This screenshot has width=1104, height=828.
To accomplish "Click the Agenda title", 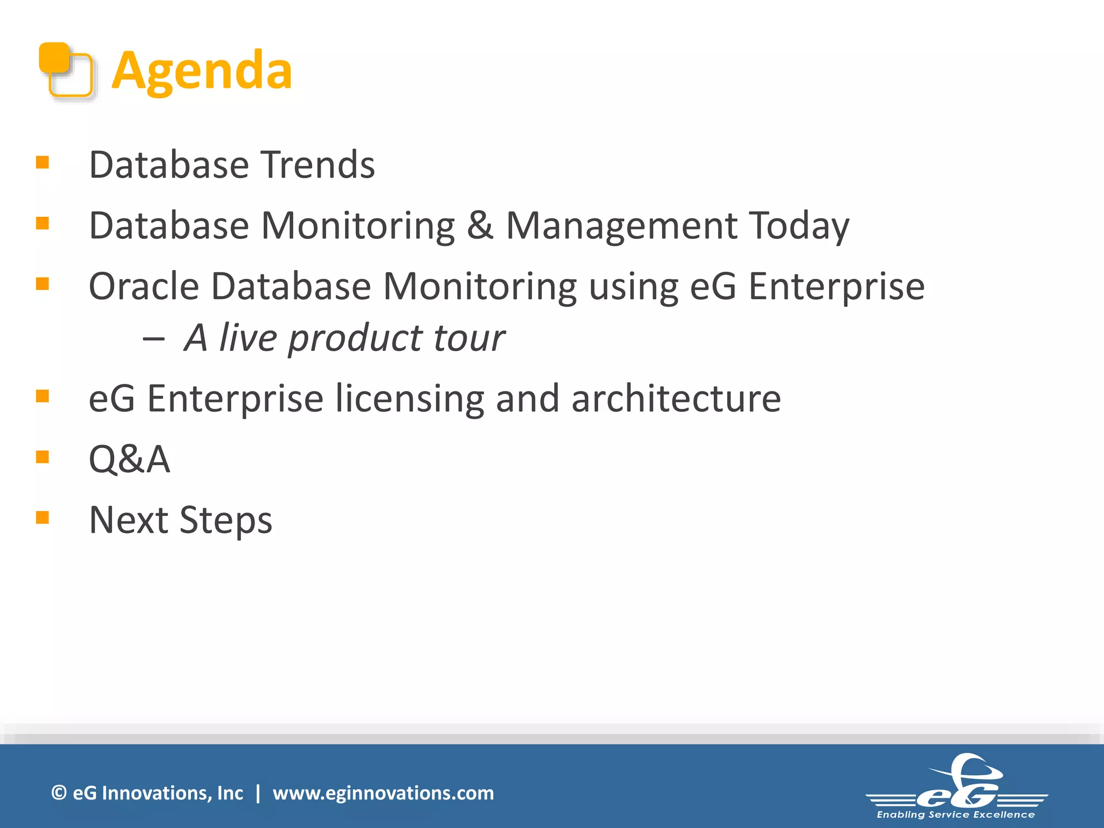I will tap(202, 70).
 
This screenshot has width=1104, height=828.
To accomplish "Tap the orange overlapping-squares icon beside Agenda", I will tap(66, 71).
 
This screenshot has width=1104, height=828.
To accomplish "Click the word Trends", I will tap(318, 164).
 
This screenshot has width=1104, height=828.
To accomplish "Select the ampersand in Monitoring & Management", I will tap(480, 225).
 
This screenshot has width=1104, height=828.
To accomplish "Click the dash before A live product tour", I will tap(154, 339).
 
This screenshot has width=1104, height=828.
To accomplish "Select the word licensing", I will tap(410, 399).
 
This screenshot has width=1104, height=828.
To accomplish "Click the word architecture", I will tap(676, 398).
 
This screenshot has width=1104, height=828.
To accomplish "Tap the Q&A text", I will tap(129, 460).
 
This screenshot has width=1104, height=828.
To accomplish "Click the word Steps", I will tap(226, 521).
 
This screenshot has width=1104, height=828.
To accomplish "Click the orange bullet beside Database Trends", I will tap(43, 162).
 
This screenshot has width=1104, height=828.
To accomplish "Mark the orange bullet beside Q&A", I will tap(43, 457).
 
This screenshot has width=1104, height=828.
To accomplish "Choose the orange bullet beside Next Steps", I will tap(43, 517).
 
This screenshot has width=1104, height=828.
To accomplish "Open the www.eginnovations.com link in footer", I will tap(383, 793).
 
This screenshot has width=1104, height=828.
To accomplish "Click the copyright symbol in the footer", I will tap(59, 793).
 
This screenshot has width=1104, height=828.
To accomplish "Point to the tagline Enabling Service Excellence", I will tap(956, 815).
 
